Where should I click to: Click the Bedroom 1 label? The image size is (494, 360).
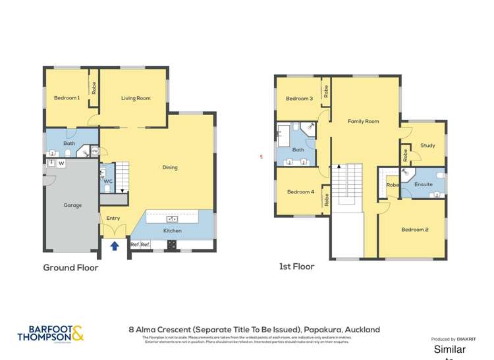[67, 98]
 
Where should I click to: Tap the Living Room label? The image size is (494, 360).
[136, 98]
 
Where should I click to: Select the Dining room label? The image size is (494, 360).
[170, 167]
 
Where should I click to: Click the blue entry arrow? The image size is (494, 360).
[115, 246]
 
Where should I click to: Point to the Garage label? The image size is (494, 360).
[72, 205]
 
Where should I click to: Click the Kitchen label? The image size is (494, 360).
[172, 231]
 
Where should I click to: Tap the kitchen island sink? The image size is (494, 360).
[171, 219]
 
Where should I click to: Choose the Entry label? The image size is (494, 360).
[113, 218]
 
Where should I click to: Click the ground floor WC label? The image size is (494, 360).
[108, 181]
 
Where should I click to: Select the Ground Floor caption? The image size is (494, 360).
[70, 268]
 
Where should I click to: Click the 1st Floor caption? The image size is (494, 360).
[296, 267]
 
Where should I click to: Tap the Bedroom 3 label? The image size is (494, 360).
[299, 99]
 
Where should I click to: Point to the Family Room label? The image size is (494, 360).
[363, 121]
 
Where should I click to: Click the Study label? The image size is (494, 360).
[427, 145]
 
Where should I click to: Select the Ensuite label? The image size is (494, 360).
[424, 184]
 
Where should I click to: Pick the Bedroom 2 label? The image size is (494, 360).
[415, 230]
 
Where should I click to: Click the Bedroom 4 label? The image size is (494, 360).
[300, 192]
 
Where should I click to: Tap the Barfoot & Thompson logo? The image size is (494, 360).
[51, 334]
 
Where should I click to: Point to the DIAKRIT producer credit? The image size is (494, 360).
[454, 340]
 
